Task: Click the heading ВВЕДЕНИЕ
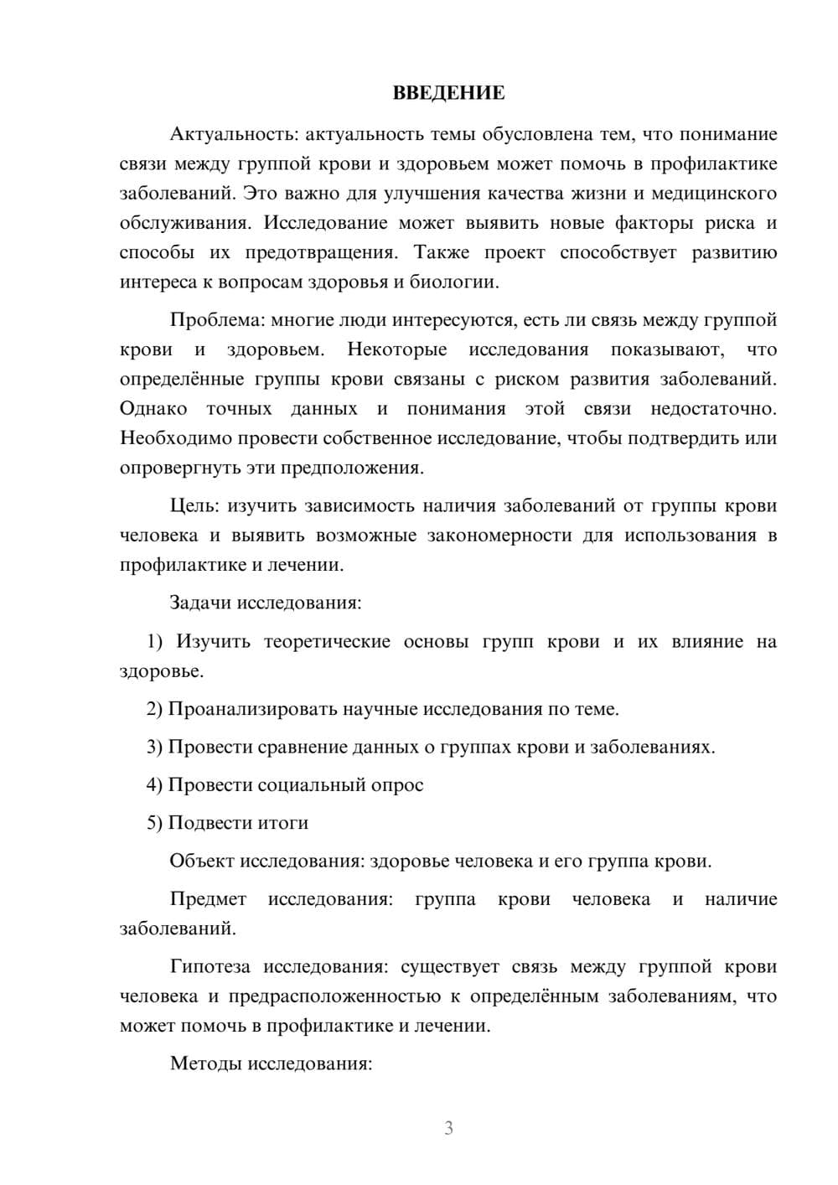(x=448, y=93)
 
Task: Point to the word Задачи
(x=201, y=603)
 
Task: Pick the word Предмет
(x=208, y=899)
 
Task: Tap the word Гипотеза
(x=209, y=966)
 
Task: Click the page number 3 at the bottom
(x=448, y=1128)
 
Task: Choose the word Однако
(x=153, y=408)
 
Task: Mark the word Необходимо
(x=176, y=437)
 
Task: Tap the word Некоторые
(x=396, y=349)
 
